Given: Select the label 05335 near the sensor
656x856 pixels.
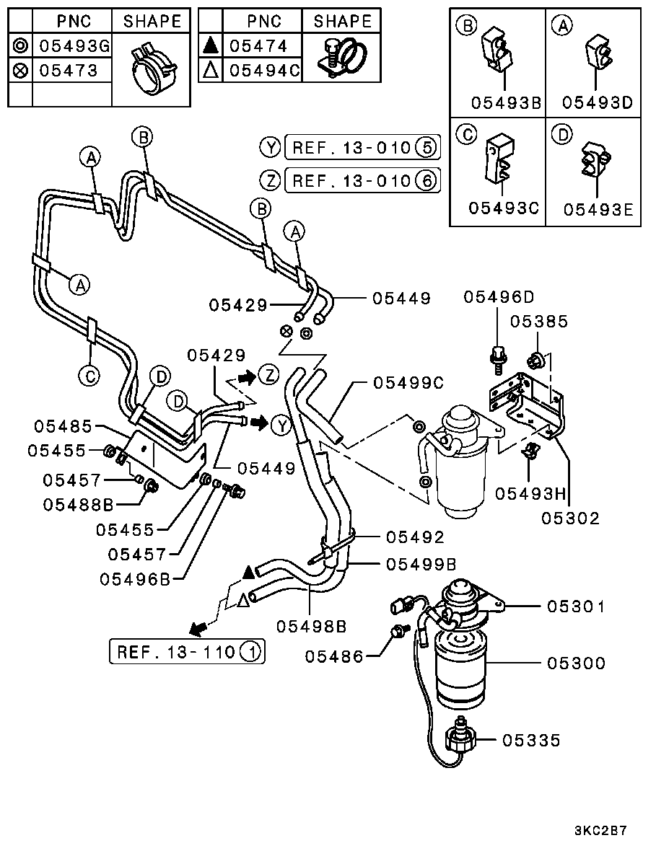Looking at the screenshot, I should tap(531, 741).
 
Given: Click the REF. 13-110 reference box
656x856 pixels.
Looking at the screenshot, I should tap(187, 652).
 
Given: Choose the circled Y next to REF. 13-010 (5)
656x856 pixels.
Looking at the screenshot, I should tap(269, 148).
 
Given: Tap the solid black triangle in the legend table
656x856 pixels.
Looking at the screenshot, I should tap(210, 46).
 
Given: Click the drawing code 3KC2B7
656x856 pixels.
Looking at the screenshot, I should tap(600, 830).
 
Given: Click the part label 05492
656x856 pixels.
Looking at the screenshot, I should tap(414, 537).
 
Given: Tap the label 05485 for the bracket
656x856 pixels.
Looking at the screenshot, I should tap(65, 427).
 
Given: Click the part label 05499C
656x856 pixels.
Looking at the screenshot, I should tap(408, 384).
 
